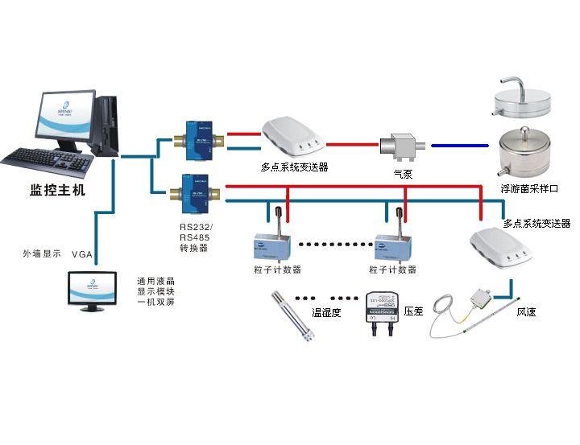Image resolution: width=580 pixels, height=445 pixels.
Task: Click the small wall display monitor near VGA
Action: [93, 292]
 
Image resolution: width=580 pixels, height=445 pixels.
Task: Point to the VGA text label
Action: [83, 254]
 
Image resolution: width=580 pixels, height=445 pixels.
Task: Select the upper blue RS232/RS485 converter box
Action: [196, 135]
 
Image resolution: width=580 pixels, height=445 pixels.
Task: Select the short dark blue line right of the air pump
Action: [459, 146]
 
